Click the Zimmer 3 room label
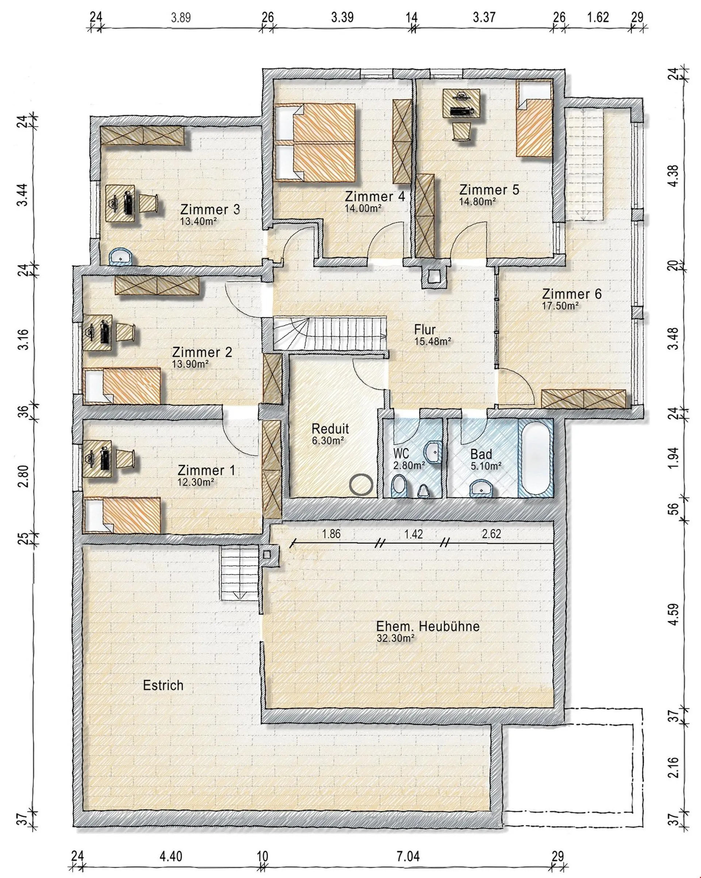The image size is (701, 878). click(x=210, y=210)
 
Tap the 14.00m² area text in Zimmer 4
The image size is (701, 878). click(x=363, y=208)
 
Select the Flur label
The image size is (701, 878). click(x=425, y=329)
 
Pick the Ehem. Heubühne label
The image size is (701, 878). click(x=428, y=626)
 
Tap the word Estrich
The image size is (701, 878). click(x=163, y=685)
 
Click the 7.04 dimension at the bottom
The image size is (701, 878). click(x=408, y=856)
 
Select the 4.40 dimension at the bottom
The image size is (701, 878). click(x=171, y=856)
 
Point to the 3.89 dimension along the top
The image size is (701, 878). click(x=181, y=18)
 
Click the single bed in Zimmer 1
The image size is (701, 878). click(x=124, y=514)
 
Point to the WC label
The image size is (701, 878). click(x=401, y=453)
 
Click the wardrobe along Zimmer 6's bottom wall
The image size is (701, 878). click(x=583, y=398)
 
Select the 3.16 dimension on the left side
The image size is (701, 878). click(x=24, y=338)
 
